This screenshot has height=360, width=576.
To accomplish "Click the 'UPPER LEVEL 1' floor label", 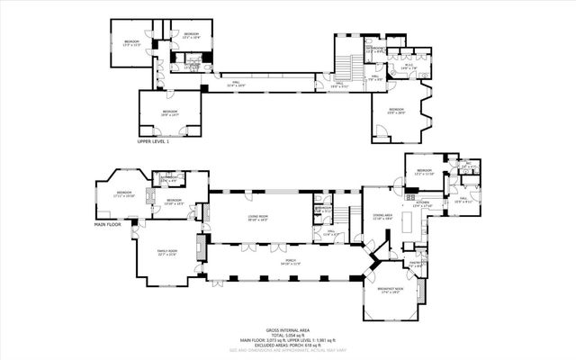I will click(153, 141).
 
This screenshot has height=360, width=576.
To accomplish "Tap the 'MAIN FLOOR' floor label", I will click(107, 225).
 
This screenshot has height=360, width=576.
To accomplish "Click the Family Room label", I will click(167, 253).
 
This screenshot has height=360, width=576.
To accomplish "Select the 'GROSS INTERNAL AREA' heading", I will click(287, 330).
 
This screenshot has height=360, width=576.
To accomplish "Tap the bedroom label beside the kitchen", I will click(425, 172).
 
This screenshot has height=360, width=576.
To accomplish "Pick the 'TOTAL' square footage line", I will click(287, 335).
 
